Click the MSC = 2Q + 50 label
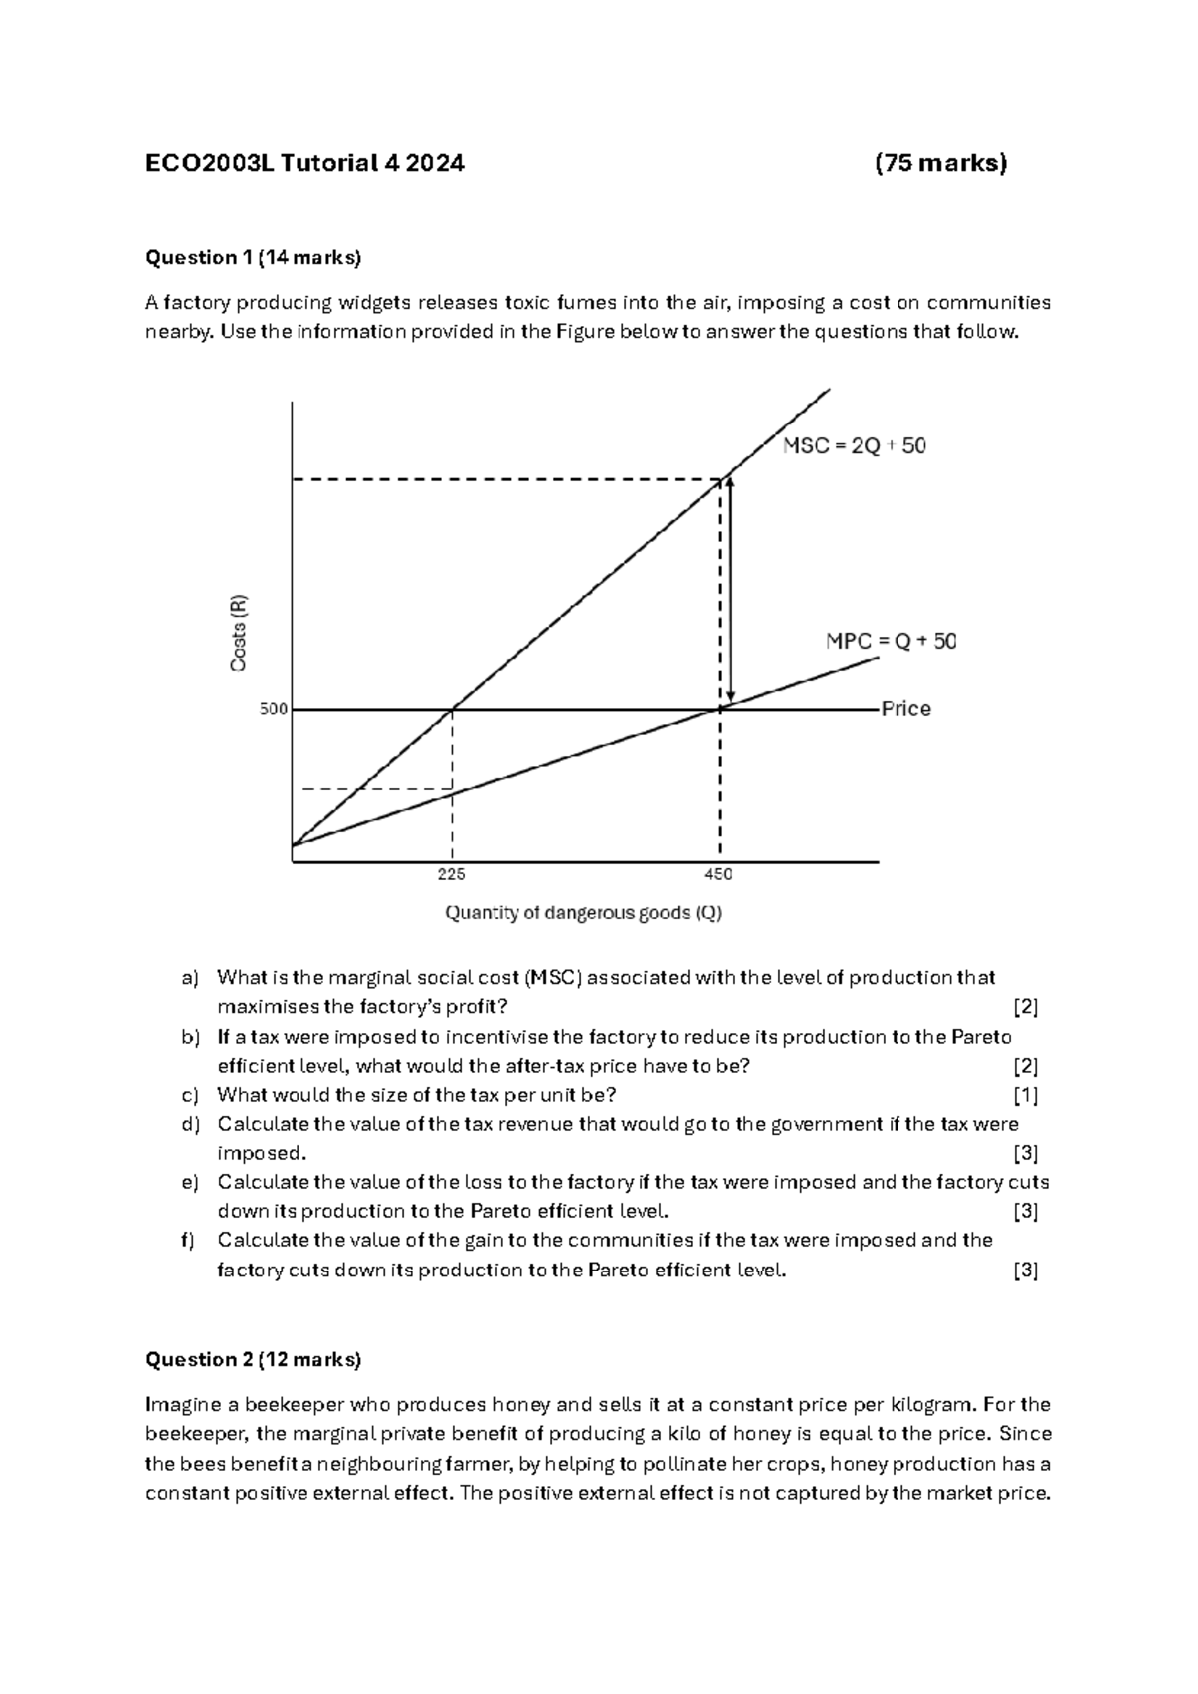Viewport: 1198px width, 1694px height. (854, 446)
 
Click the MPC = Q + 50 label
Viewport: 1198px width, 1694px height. (891, 642)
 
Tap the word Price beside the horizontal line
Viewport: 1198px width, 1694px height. (906, 709)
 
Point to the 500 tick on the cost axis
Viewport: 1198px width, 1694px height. (274, 709)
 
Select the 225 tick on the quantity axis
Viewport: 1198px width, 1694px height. (452, 874)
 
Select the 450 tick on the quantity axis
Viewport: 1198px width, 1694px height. (718, 874)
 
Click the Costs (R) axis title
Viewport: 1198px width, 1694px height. (239, 633)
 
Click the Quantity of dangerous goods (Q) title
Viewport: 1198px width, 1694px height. (583, 913)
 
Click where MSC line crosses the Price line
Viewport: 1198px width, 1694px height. (454, 709)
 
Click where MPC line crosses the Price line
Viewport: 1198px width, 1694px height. (719, 709)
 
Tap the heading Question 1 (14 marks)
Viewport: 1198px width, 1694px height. (254, 258)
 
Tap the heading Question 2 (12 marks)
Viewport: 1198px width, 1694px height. (254, 1359)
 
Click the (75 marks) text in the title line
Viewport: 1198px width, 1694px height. (940, 163)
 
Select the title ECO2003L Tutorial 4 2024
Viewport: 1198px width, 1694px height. (304, 163)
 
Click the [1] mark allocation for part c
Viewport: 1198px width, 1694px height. (1025, 1095)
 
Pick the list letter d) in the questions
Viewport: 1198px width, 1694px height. (190, 1124)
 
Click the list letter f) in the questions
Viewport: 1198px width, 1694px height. (188, 1240)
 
